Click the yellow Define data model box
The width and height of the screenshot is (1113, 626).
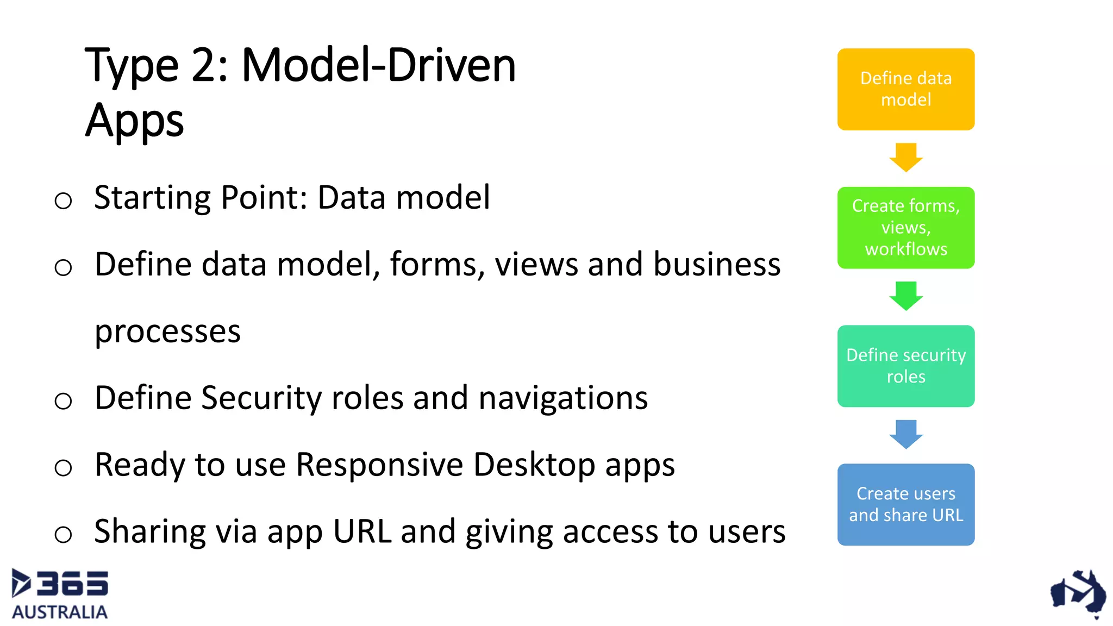click(905, 89)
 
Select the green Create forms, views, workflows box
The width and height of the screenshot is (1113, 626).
click(905, 228)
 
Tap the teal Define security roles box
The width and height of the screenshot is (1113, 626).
click(905, 366)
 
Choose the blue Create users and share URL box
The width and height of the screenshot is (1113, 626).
click(905, 504)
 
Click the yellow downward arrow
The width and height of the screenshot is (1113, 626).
click(905, 157)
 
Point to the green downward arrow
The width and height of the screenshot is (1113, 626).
click(905, 296)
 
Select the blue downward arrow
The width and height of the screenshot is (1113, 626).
click(905, 434)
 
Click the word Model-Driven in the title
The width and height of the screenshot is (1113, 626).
click(378, 65)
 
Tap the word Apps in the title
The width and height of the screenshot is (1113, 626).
click(134, 121)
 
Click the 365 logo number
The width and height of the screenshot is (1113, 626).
click(72, 584)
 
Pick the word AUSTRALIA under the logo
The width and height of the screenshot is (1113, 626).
click(60, 612)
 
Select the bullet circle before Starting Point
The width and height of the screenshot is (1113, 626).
click(63, 201)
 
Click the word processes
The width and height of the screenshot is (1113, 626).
click(167, 331)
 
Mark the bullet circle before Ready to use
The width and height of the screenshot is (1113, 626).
click(63, 467)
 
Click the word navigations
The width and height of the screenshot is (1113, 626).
click(562, 398)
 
